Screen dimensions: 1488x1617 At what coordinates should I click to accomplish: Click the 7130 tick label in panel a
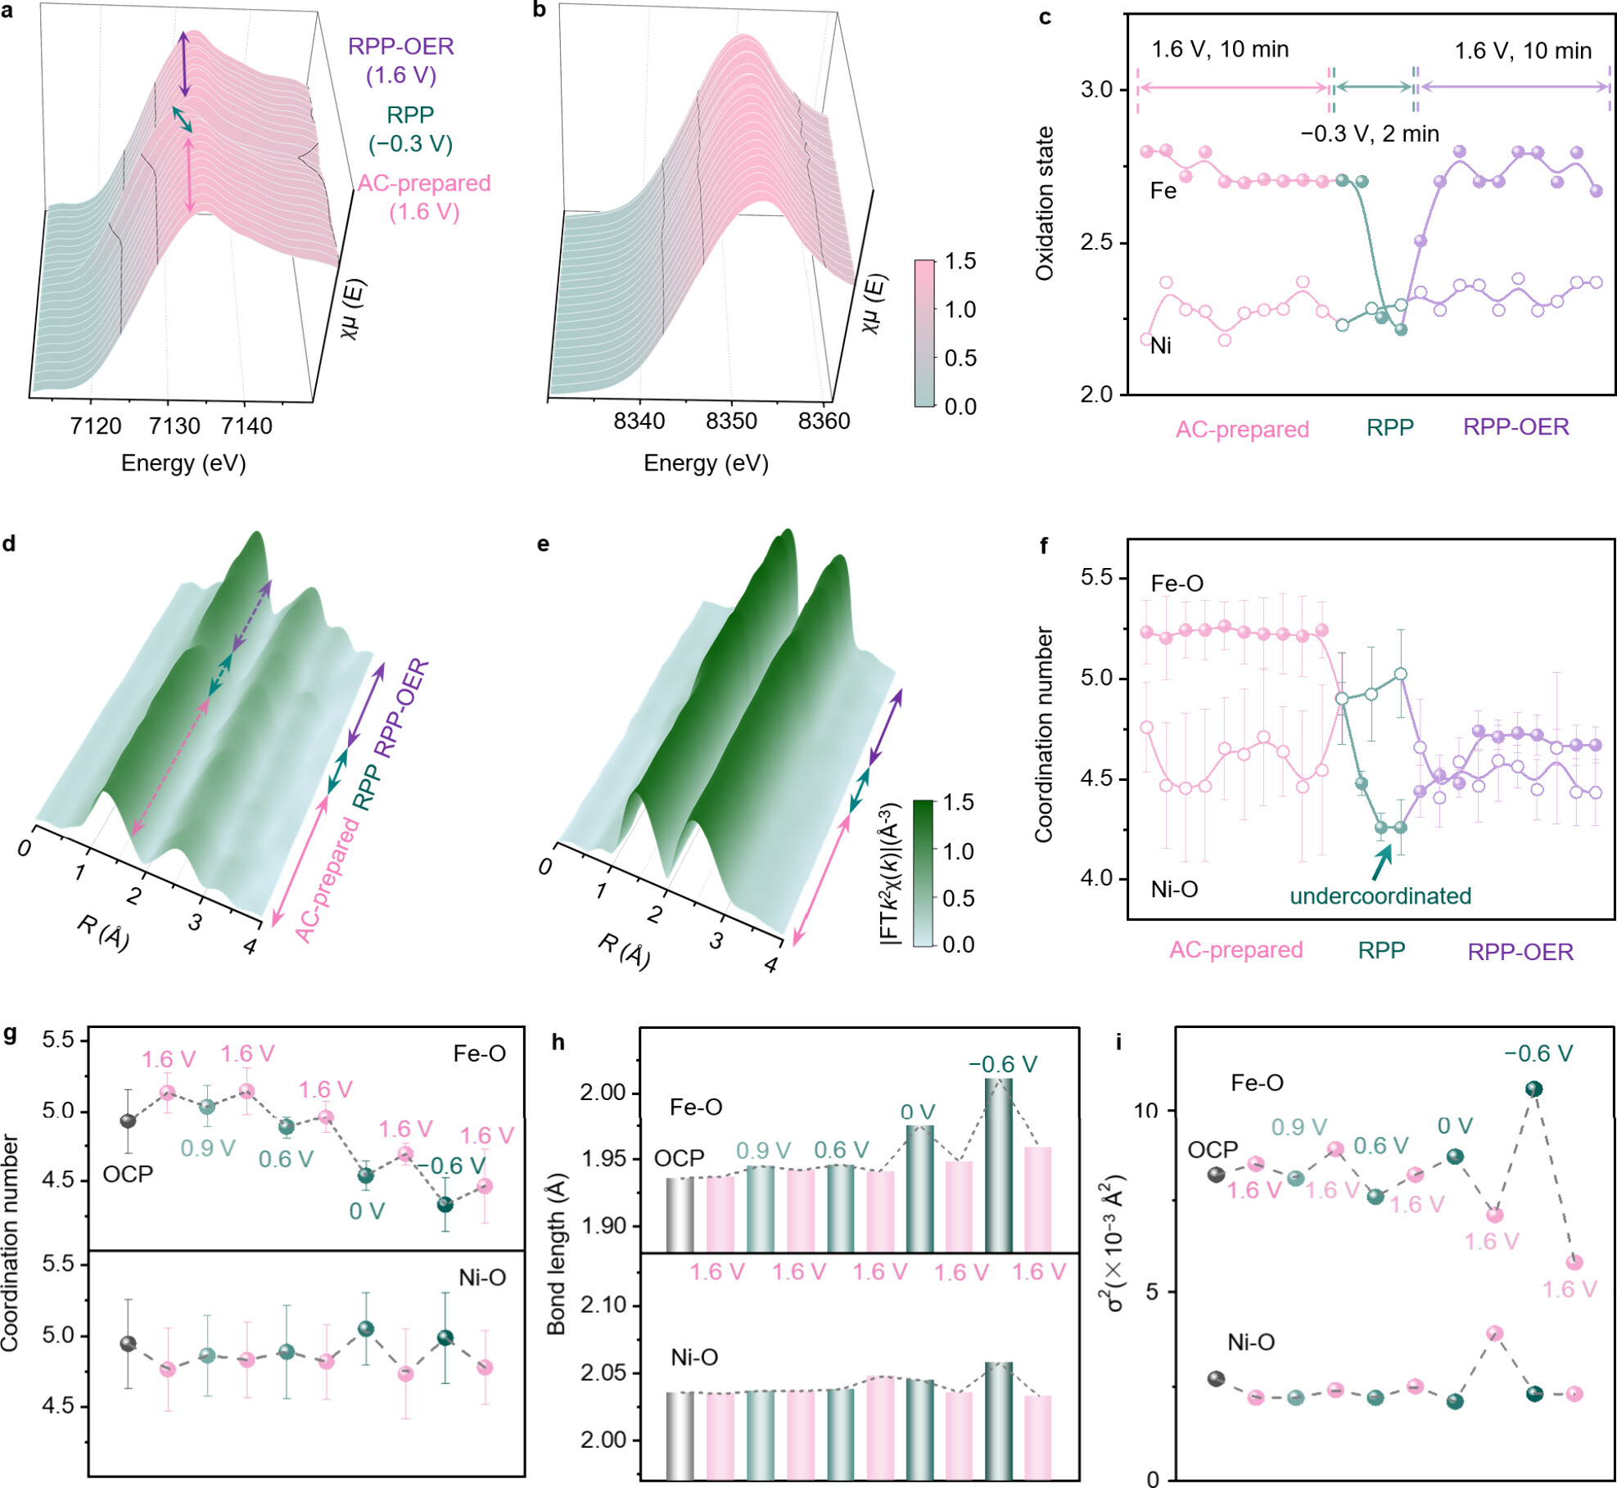174,426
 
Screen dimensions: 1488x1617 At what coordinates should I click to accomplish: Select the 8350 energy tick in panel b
731,421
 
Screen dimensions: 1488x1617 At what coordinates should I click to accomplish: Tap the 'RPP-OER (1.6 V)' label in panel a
400,61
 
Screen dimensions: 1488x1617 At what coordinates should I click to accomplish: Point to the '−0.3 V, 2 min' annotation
1369,133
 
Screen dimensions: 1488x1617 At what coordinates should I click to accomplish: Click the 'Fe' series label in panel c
1163,191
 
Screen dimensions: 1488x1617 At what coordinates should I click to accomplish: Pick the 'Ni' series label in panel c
1161,345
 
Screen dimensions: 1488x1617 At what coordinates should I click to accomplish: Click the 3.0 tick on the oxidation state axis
1096,89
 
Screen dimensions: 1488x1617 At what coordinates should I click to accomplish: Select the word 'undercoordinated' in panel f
1380,895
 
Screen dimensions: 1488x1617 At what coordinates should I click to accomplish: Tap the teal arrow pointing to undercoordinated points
1382,862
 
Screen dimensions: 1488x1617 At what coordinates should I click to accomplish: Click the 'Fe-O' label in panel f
1177,584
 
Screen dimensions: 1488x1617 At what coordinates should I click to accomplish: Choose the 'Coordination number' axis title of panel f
1043,734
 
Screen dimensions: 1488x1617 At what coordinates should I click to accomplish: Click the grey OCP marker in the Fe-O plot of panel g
128,1121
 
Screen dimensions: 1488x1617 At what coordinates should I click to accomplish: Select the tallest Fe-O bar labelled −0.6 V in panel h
998,1165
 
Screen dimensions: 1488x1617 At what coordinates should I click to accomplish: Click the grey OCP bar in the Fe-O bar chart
680,1215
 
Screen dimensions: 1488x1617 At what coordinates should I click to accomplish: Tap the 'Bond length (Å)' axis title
557,1252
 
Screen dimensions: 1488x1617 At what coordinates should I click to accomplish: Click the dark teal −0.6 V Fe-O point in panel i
1533,1089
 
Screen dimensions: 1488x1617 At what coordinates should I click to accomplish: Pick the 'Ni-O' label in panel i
1250,1341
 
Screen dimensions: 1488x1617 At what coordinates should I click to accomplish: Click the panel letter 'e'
543,544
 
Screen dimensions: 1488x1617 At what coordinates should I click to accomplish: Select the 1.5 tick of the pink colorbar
960,261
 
